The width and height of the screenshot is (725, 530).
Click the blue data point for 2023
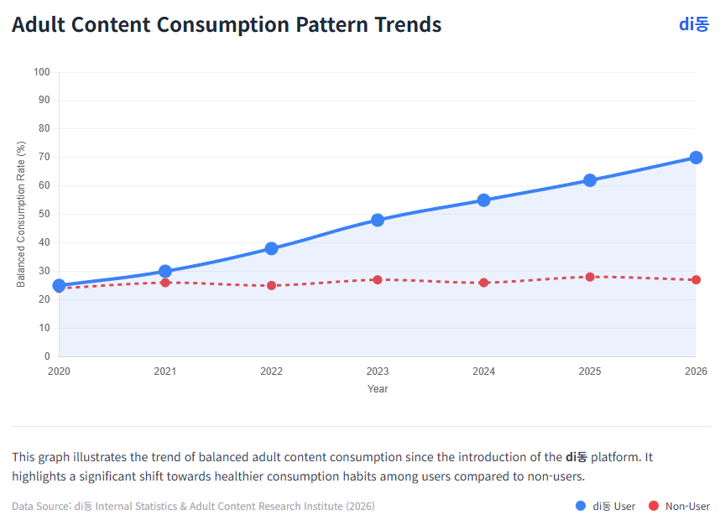pos(378,220)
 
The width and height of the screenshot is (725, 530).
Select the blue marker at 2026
pos(696,158)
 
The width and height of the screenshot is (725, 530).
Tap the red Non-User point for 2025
pos(590,277)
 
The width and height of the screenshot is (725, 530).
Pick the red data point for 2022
pos(271,285)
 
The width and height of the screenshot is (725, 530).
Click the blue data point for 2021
pos(165,271)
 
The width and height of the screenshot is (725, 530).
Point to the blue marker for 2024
pos(483,200)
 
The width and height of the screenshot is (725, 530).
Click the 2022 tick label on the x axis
pos(271,371)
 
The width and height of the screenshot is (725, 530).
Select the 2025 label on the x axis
pos(590,371)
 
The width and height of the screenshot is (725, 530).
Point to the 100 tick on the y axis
pos(42,72)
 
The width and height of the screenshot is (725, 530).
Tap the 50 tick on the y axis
pos(44,215)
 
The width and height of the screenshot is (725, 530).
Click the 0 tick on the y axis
pos(47,356)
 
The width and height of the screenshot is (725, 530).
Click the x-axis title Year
pos(378,389)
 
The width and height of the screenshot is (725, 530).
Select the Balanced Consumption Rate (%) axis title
pos(21,215)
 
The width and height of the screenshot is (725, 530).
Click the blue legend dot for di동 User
pos(581,506)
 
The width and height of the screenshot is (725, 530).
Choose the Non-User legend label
pos(687,507)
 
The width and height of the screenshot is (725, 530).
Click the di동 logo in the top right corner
pos(693,24)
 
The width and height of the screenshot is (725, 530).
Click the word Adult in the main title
pos(39,25)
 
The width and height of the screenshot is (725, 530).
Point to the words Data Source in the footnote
pos(40,507)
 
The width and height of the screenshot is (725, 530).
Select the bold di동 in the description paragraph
pos(576,457)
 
